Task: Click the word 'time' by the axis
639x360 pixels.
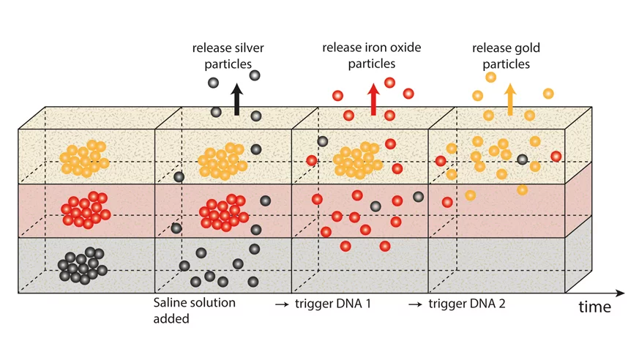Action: [x=594, y=307]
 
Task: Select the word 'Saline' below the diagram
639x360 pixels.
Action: [x=171, y=303]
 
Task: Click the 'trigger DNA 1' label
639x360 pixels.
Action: [x=333, y=303]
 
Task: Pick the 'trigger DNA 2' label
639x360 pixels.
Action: [x=467, y=303]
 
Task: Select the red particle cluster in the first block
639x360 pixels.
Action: [x=85, y=210]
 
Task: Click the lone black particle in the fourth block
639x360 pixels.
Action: [x=522, y=159]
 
